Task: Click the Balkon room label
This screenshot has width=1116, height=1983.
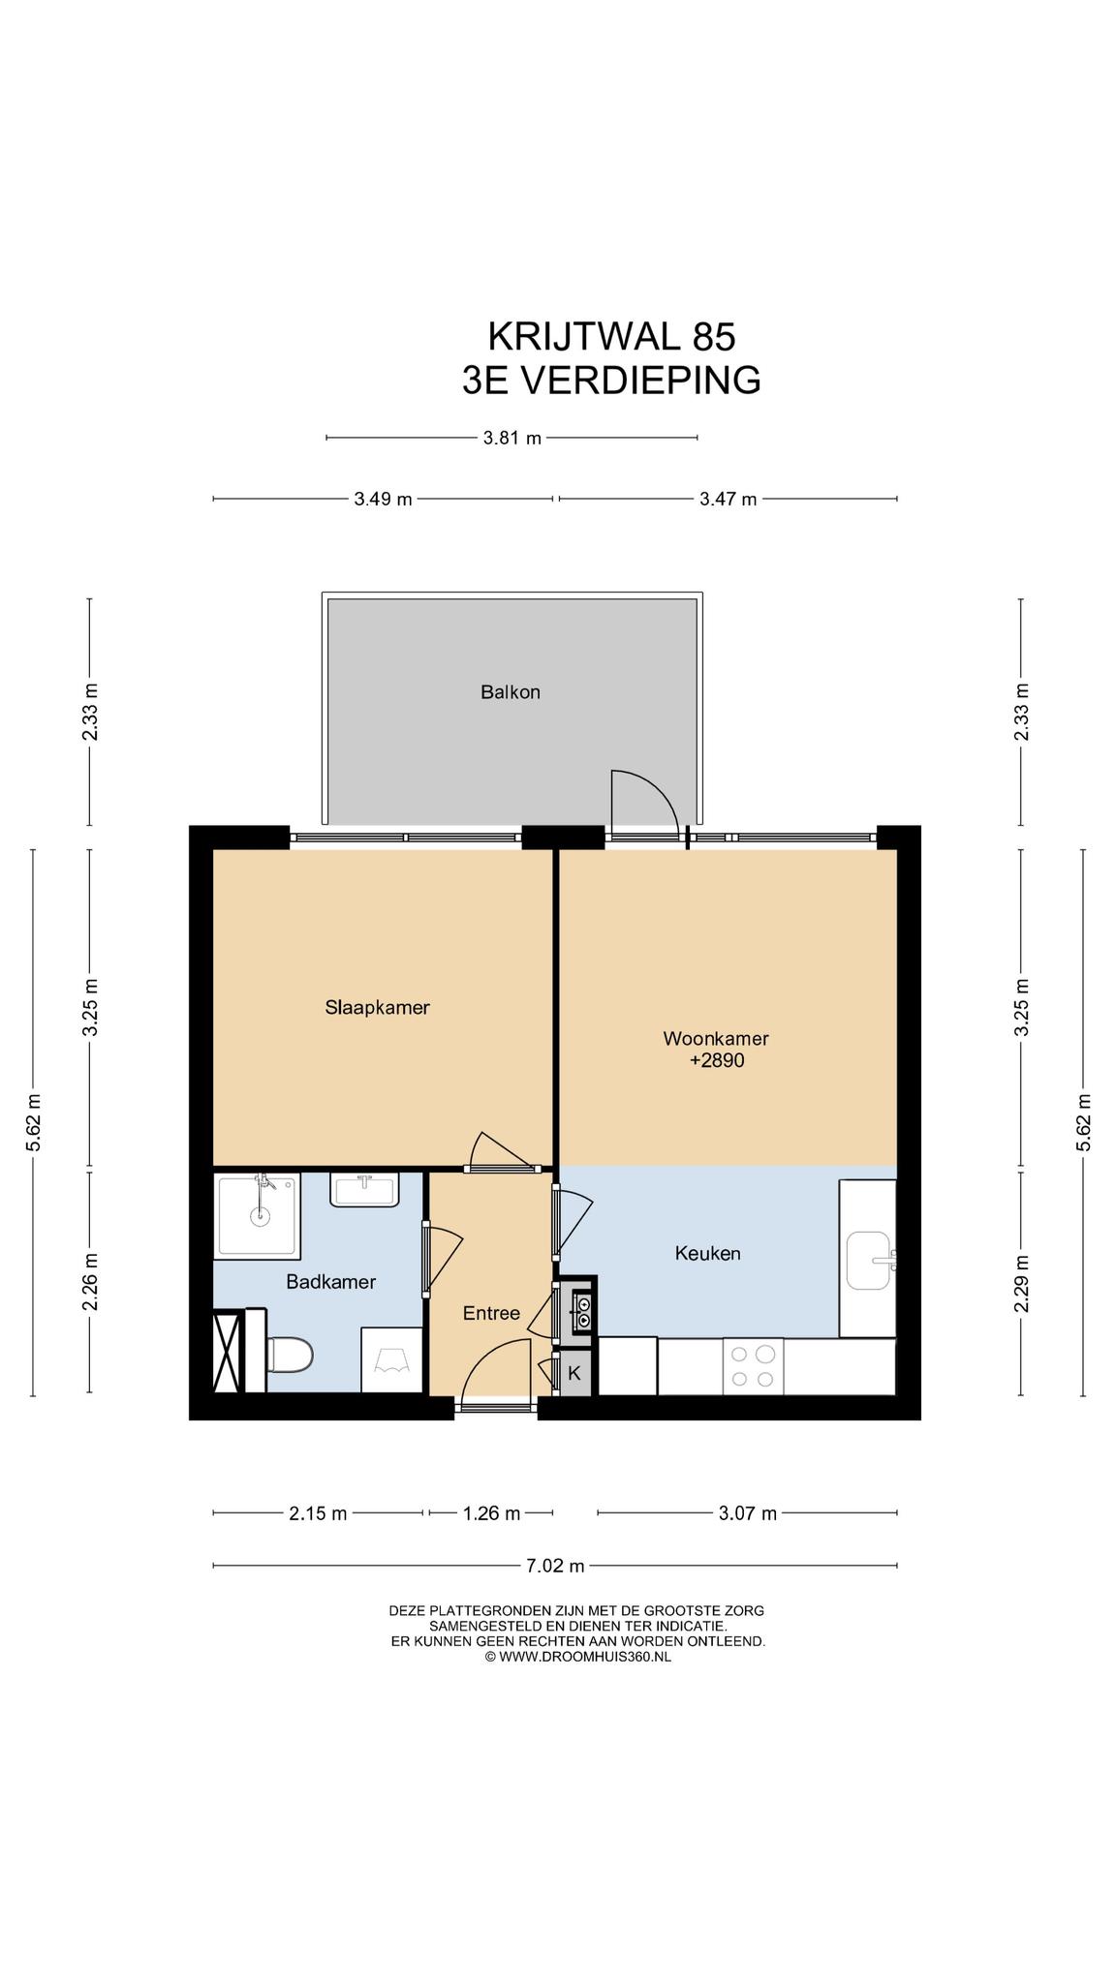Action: coord(510,692)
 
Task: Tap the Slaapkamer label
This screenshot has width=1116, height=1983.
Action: coord(377,1007)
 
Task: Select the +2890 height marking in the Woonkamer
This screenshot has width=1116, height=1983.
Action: coord(716,1060)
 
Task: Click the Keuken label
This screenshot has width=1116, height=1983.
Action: coord(707,1253)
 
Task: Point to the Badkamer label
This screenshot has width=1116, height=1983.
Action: coord(330,1282)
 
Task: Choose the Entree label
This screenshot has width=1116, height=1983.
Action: coord(491,1313)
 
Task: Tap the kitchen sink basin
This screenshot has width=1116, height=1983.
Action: coord(870,1261)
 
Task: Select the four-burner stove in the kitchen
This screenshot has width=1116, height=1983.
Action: coord(753,1366)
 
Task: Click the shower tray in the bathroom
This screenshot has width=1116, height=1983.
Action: coord(257,1215)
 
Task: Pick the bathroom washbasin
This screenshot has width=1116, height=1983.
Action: coord(365,1190)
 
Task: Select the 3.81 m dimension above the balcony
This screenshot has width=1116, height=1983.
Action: coord(511,438)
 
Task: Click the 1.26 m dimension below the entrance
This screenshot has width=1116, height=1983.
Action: coord(491,1513)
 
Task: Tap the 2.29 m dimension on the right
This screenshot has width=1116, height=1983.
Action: coord(1021,1284)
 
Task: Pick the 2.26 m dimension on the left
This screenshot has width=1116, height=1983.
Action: coord(90,1282)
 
